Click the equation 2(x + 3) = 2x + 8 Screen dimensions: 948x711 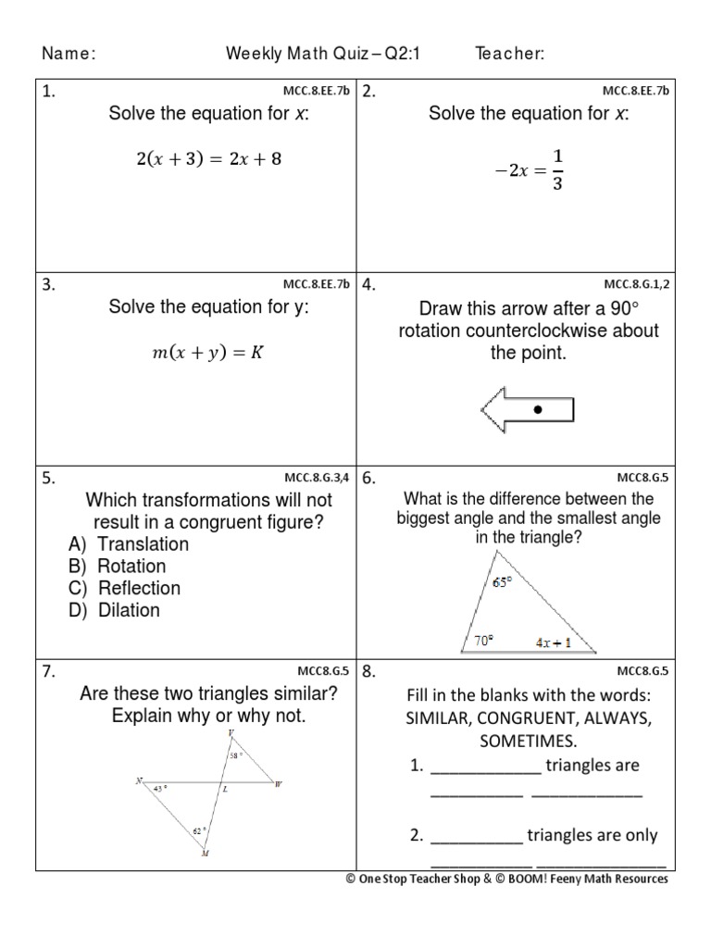pyautogui.click(x=208, y=158)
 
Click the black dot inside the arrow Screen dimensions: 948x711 pyautogui.click(x=538, y=408)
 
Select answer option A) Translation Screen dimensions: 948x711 pyautogui.click(x=128, y=544)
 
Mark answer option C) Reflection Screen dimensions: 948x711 pyautogui.click(x=124, y=588)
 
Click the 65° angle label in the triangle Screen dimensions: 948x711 pyautogui.click(x=502, y=582)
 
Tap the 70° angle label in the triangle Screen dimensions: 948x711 pyautogui.click(x=484, y=639)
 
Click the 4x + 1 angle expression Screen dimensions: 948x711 pyautogui.click(x=553, y=641)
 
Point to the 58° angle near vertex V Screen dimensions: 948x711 pyautogui.click(x=237, y=755)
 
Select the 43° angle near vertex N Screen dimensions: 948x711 pyautogui.click(x=161, y=789)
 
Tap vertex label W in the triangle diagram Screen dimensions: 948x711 pyautogui.click(x=277, y=785)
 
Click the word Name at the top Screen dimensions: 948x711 pyautogui.click(x=68, y=55)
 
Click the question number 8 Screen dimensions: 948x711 pyautogui.click(x=368, y=672)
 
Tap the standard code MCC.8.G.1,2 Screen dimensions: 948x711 pyautogui.click(x=636, y=284)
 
